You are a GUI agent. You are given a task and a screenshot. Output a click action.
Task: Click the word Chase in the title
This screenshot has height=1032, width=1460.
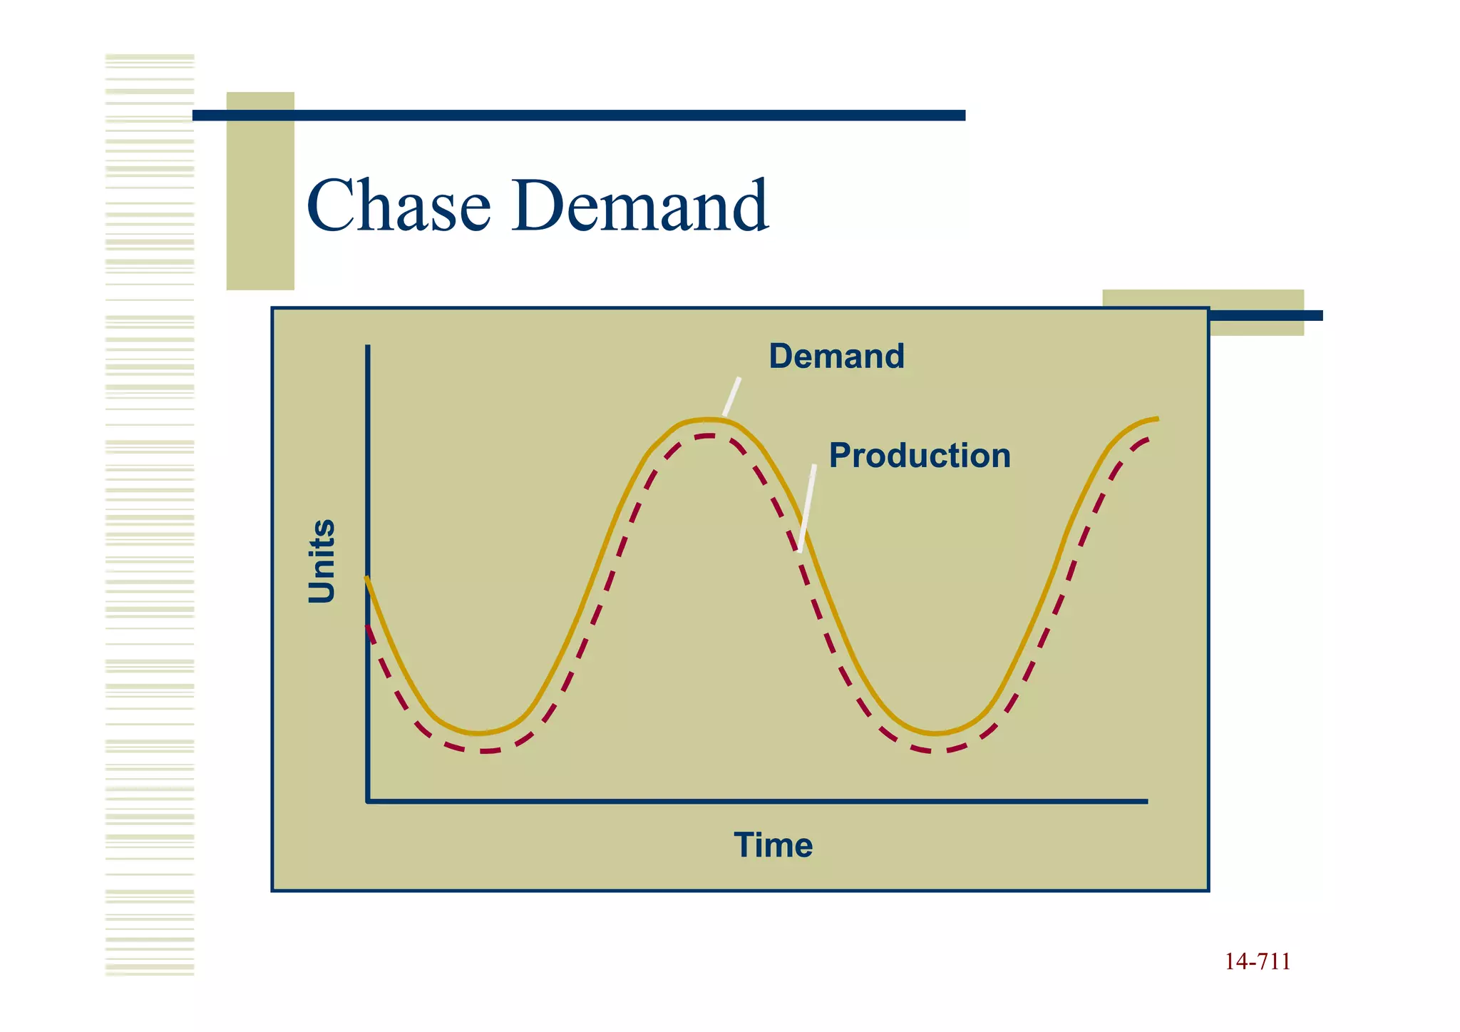(399, 206)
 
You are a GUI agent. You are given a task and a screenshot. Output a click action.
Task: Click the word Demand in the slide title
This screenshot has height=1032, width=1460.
(640, 206)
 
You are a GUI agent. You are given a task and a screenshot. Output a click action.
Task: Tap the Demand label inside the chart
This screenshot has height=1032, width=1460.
(836, 356)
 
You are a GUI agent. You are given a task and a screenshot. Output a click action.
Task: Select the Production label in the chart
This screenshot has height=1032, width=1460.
(920, 455)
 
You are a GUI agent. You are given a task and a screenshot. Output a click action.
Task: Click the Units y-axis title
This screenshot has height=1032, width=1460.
(322, 561)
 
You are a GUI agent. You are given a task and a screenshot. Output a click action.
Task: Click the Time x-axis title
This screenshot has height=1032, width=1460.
(773, 845)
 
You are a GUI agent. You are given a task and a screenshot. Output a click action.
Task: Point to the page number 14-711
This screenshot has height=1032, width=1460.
(1258, 962)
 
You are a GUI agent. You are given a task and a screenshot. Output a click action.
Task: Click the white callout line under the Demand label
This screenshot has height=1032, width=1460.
(732, 397)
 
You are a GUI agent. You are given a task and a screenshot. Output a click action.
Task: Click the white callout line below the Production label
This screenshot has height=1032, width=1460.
(807, 508)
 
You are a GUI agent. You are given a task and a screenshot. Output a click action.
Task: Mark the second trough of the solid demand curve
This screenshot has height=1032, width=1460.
(935, 733)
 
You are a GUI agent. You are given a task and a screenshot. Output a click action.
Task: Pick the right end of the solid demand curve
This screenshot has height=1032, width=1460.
(1156, 419)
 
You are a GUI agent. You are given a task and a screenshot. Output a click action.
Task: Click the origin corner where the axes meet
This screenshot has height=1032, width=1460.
(368, 801)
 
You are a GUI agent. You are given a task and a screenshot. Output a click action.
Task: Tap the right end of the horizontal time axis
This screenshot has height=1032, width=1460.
(1146, 801)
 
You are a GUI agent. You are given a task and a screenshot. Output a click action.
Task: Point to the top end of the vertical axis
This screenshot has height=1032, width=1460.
(368, 347)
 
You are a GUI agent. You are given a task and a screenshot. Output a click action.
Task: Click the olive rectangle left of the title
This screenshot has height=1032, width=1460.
(260, 190)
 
